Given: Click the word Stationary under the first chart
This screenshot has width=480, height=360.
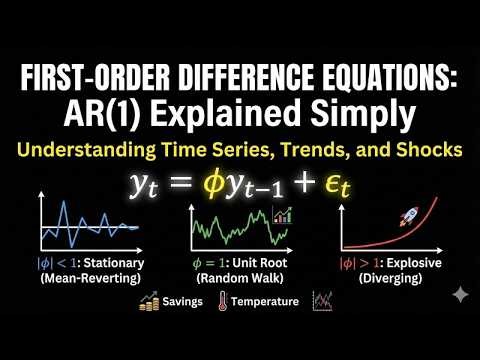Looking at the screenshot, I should click(111, 265).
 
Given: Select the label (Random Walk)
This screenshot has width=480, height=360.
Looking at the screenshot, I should click(240, 279).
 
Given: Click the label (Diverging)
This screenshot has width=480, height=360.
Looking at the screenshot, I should click(391, 279).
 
